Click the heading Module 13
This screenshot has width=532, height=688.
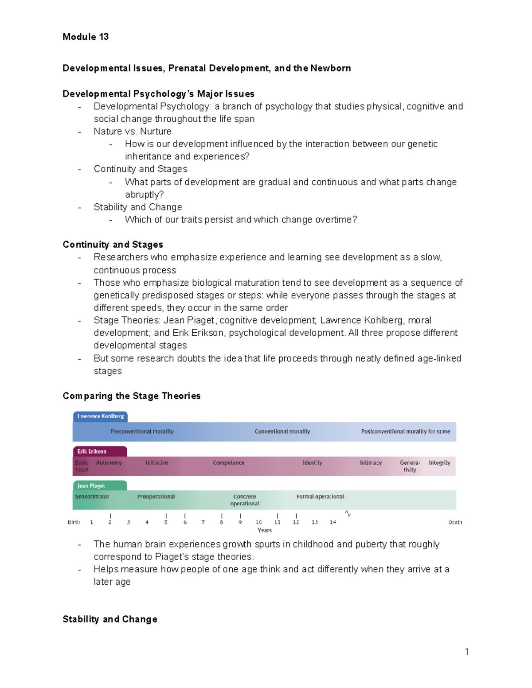point(86,37)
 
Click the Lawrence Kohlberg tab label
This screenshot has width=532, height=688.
point(101,416)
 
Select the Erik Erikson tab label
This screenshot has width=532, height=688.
point(92,451)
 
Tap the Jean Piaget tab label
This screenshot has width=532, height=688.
point(91,486)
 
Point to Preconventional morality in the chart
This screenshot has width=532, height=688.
point(142,431)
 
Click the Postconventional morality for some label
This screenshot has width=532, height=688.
point(405,431)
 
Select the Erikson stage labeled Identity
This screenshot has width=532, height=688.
point(312,463)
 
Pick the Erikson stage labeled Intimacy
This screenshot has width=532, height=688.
point(371,463)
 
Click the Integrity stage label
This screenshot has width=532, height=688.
point(439,463)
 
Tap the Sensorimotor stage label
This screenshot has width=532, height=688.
point(92,497)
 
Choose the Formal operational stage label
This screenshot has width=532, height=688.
point(320,497)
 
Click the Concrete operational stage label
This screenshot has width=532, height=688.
point(245,500)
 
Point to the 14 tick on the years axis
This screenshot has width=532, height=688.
point(332,522)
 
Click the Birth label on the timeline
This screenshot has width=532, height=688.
point(74,522)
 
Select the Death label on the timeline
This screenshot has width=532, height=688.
point(455,522)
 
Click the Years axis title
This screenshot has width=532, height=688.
point(265,530)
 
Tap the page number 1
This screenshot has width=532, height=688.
point(466,651)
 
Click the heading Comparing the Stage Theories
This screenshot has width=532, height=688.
point(132,396)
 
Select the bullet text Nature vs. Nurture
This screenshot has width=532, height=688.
point(132,132)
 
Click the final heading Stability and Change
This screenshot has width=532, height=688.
point(110,619)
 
